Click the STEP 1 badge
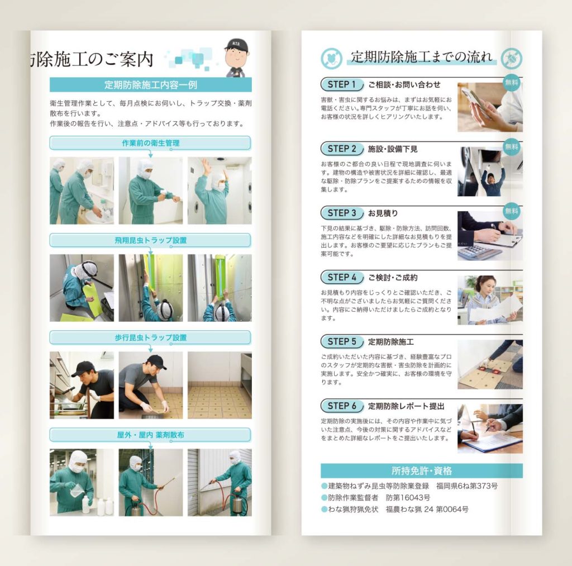click(x=342, y=85)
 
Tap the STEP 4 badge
click(x=342, y=277)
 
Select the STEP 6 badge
click(x=342, y=406)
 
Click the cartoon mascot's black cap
click(x=236, y=45)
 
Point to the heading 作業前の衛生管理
click(x=150, y=143)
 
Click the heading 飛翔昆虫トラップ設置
click(x=150, y=240)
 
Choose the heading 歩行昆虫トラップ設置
click(x=150, y=337)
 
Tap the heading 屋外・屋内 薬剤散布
click(x=150, y=435)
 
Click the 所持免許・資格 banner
click(x=421, y=471)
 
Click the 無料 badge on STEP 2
click(x=512, y=147)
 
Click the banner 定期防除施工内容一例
click(x=150, y=85)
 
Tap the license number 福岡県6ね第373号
click(x=467, y=486)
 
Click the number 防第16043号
click(x=408, y=497)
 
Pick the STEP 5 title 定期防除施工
click(x=390, y=342)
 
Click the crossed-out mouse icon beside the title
click(x=331, y=59)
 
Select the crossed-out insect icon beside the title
click(x=512, y=59)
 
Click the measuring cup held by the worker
click(x=76, y=489)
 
